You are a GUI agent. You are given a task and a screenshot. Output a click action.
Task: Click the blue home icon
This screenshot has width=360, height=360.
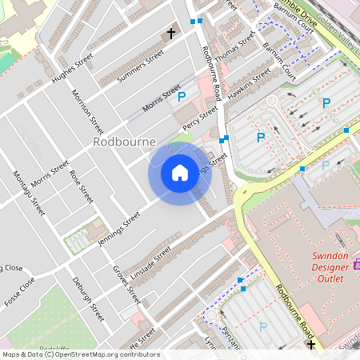pyautogui.click(x=180, y=173)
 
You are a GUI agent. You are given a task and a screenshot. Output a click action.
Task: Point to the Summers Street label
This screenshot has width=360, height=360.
pyautogui.click(x=141, y=66)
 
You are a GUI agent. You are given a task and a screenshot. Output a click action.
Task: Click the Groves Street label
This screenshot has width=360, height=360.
pyautogui.click(x=126, y=285)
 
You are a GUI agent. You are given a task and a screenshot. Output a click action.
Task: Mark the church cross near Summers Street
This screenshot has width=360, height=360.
pyautogui.click(x=170, y=34)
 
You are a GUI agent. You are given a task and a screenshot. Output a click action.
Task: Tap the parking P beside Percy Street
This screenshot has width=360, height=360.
pyautogui.click(x=182, y=97)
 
